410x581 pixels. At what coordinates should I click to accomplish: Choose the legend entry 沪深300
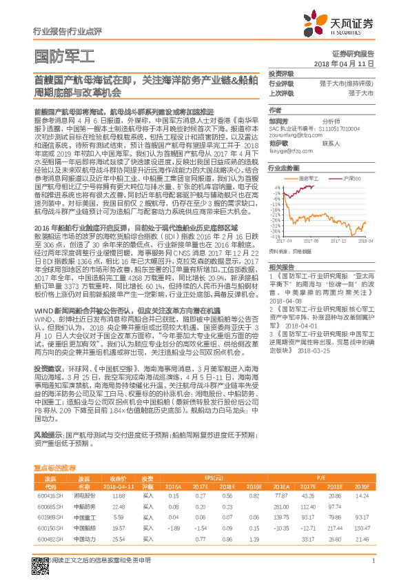[351, 178]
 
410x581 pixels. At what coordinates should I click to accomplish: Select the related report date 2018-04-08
[285, 282]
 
